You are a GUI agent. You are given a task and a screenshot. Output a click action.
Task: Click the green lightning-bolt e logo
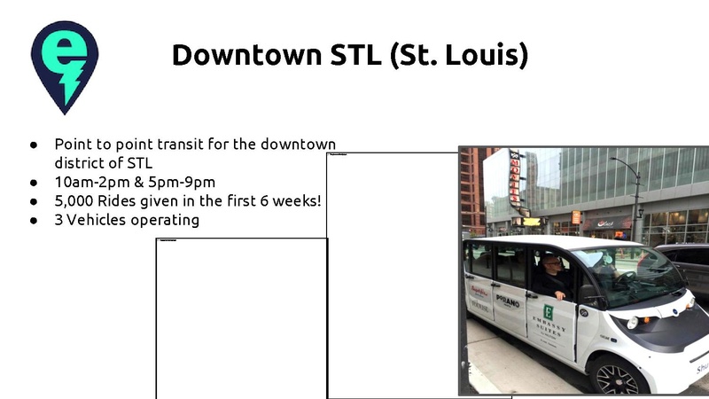[64, 66]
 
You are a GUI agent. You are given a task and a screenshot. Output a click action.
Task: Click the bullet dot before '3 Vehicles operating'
[33, 220]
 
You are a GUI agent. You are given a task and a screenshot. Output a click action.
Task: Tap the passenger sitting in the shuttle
[555, 277]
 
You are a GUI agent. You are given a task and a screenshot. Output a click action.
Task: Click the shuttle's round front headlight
[633, 323]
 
